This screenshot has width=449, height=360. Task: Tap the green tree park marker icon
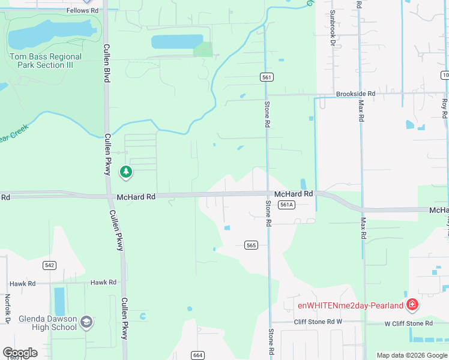click(x=125, y=173)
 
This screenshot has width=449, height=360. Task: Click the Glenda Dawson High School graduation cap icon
click(x=86, y=322)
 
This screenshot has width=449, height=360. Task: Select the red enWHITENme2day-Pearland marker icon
click(x=412, y=305)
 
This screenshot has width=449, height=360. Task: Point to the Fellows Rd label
click(x=83, y=10)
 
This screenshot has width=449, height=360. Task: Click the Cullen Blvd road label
click(x=107, y=63)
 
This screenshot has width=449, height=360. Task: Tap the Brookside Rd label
click(x=355, y=94)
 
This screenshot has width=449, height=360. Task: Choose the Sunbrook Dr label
click(x=331, y=28)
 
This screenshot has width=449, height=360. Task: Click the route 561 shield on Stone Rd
click(x=267, y=77)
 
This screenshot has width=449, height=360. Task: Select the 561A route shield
click(x=286, y=205)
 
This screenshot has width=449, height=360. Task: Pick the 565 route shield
click(x=252, y=245)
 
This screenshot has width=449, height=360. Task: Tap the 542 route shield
click(x=50, y=265)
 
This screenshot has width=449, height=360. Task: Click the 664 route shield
click(x=197, y=355)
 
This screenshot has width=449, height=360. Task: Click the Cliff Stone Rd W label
click(x=318, y=322)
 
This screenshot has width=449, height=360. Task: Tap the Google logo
click(x=20, y=353)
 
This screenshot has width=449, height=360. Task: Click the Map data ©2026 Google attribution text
click(x=412, y=355)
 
